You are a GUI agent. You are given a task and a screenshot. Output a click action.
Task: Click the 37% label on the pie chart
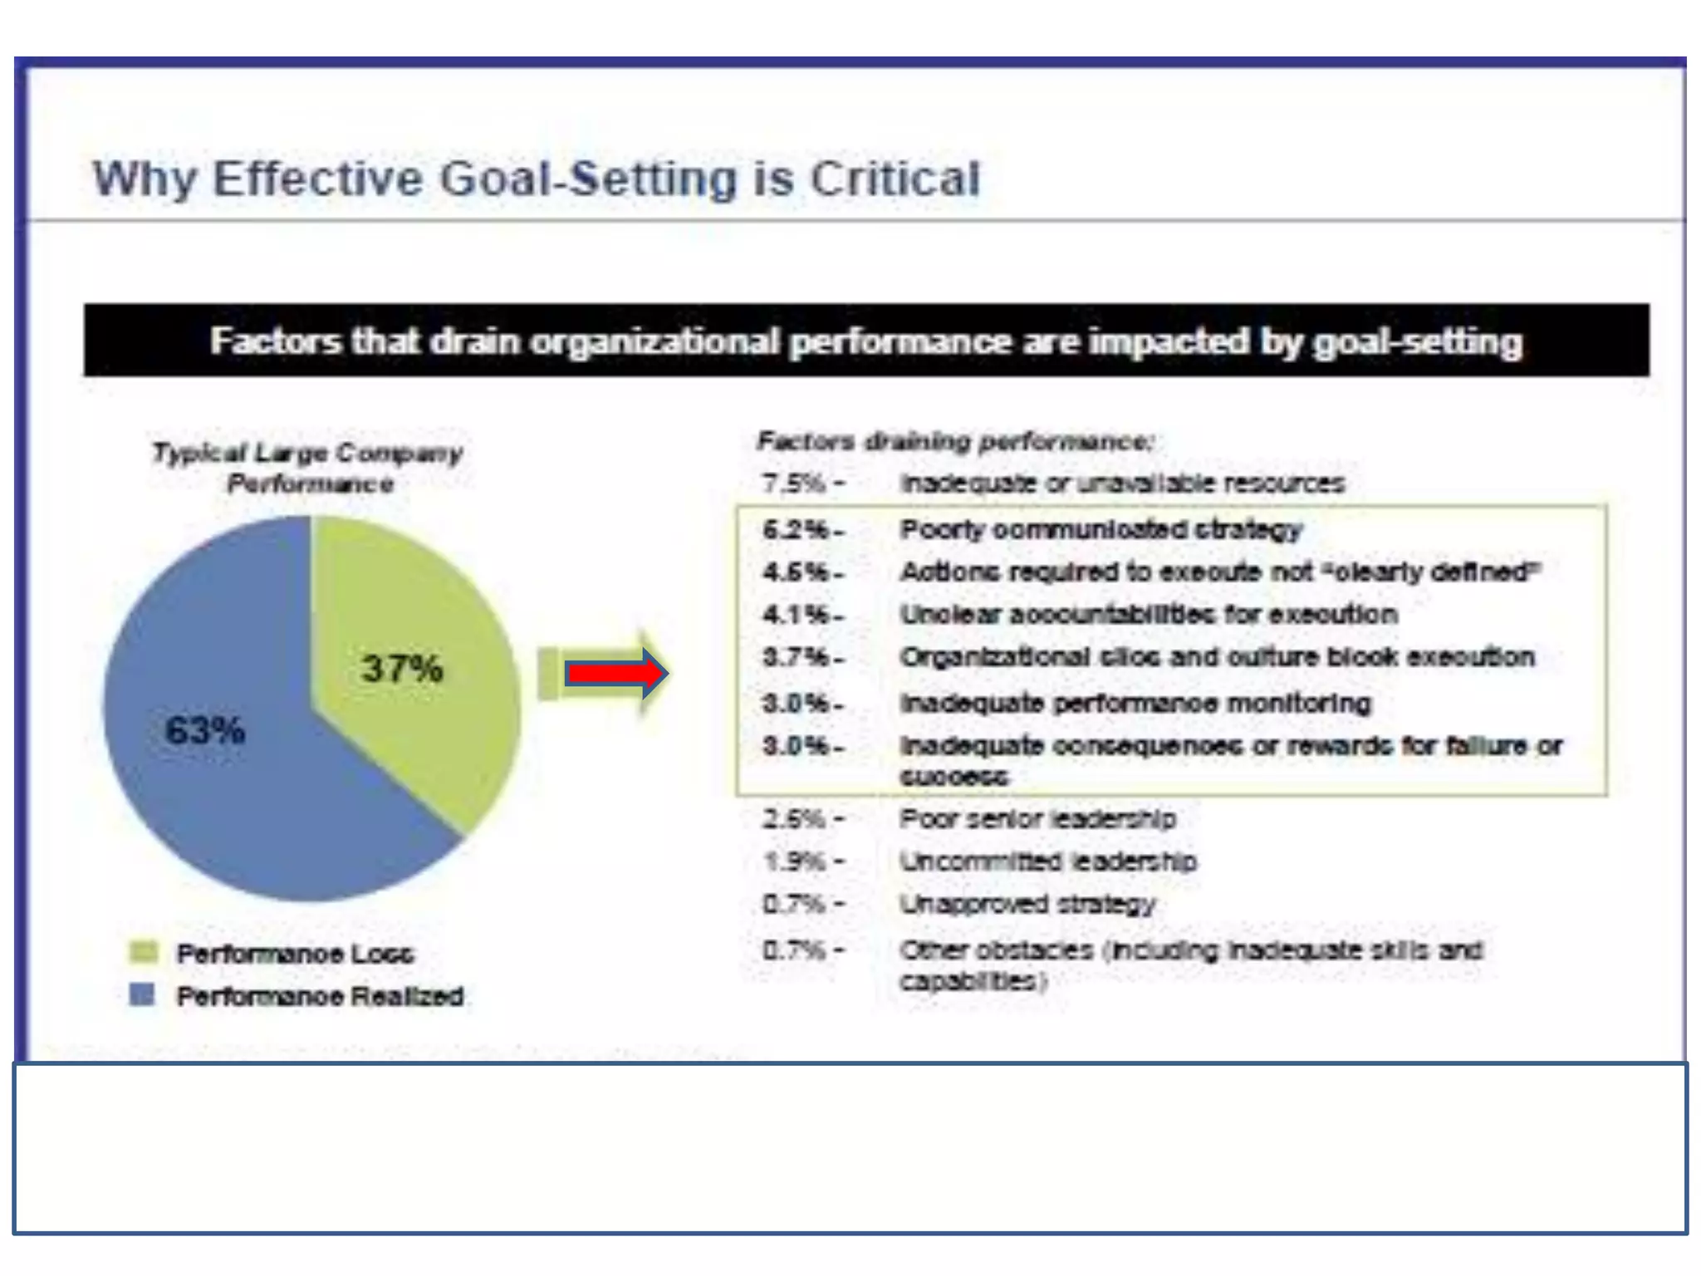402,669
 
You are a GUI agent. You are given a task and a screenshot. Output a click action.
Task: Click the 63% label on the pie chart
205,731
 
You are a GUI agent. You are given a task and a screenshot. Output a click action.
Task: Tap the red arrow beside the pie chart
615,673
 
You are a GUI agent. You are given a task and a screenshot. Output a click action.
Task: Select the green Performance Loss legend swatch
143,952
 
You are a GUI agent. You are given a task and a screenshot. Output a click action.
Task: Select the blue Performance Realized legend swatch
143,994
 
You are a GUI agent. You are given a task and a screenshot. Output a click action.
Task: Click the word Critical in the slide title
895,179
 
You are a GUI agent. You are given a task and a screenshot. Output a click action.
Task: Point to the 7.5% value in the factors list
794,483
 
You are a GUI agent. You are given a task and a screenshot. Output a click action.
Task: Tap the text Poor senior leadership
1037,819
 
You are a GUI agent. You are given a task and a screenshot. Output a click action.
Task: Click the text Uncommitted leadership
1048,861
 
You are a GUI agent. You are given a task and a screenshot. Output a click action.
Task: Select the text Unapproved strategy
1027,904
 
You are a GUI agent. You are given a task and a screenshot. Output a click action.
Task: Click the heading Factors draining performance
955,441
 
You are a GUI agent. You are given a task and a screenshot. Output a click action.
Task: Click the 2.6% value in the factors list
794,819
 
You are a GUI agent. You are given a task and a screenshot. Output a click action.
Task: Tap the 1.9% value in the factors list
794,861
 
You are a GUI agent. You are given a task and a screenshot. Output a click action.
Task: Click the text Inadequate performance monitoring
1135,704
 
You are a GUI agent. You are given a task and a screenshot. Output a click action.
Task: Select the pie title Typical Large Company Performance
308,468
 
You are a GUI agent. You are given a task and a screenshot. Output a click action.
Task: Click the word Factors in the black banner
275,341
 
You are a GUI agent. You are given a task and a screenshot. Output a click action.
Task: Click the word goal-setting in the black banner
1417,341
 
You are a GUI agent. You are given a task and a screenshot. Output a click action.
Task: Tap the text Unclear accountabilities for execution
1149,615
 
